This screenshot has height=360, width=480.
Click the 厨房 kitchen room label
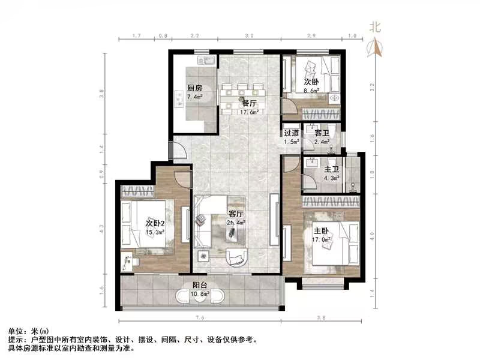point(194,87)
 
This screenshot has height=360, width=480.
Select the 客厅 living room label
point(236,214)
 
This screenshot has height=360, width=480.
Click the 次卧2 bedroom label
point(157,223)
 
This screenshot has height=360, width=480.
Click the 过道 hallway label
point(292,133)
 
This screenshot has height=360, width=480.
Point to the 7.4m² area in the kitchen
point(194,96)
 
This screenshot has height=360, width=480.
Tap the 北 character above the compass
point(376,27)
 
